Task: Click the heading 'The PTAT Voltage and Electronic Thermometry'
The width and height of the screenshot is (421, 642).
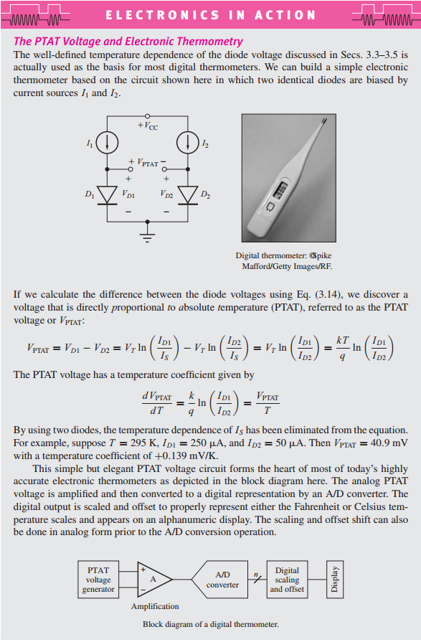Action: tap(128, 42)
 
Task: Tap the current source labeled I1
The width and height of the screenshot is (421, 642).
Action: tap(108, 141)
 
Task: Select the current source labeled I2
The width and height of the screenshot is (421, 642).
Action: tap(189, 141)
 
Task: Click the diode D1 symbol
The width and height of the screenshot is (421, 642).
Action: tap(108, 194)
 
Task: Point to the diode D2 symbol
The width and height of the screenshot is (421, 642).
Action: tap(189, 194)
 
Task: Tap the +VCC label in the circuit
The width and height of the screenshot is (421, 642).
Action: tap(148, 127)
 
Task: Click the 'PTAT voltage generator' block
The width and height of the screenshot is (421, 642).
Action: tap(98, 580)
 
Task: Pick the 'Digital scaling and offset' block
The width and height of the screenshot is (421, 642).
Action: tap(287, 580)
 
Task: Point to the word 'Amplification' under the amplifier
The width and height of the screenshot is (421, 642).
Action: tap(155, 607)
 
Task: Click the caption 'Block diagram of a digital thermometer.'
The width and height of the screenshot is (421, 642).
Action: tap(210, 624)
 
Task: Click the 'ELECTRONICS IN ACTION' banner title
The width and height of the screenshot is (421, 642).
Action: tap(210, 15)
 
